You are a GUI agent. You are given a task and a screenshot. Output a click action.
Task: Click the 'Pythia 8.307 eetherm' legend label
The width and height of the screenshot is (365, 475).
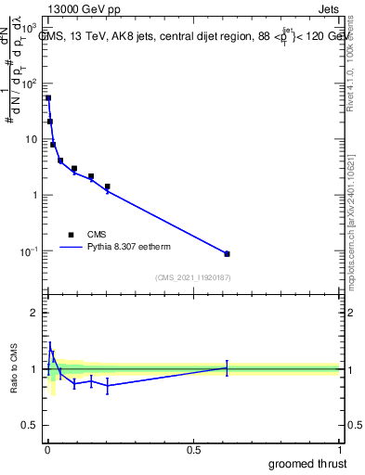pos(130,248)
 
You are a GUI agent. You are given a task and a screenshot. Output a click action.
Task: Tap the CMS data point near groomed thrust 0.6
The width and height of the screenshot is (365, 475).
pos(227,253)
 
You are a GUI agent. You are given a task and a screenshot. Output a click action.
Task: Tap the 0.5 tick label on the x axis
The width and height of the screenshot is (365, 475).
pos(193,448)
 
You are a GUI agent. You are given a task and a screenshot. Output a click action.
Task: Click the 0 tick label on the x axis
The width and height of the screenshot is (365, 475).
pos(47,448)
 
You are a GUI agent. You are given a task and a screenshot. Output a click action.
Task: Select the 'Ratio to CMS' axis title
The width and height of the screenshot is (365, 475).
pos(14,369)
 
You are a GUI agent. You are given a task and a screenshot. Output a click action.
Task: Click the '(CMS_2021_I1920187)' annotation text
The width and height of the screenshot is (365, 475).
pos(193,277)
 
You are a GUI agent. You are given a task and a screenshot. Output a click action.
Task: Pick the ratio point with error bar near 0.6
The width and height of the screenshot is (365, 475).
pos(227,367)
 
